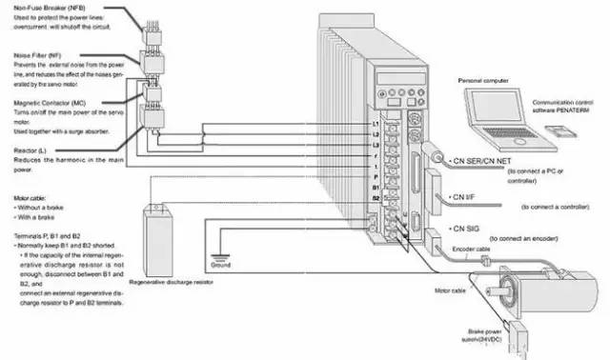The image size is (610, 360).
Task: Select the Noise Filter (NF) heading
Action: pyautogui.click(x=39, y=57)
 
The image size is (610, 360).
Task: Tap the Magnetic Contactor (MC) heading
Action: pyautogui.click(x=53, y=103)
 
